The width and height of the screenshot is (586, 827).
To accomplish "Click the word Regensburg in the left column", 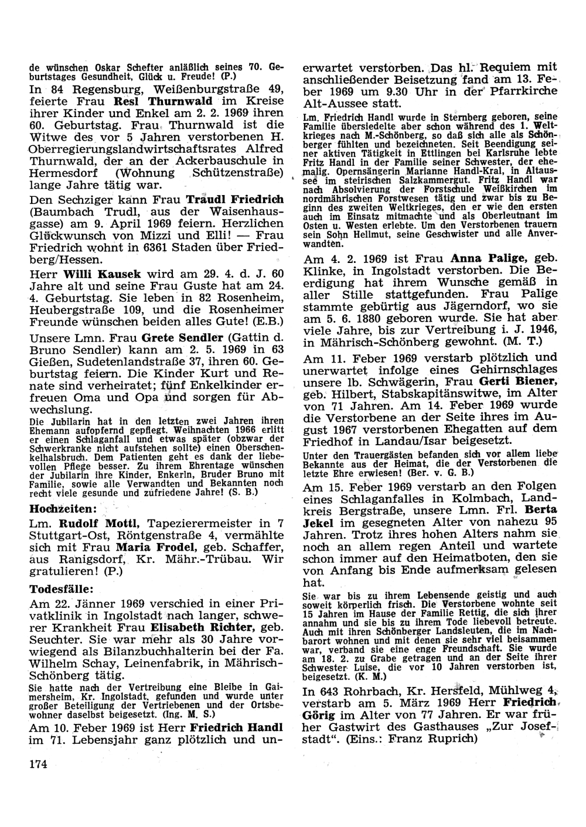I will click(x=100, y=89).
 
